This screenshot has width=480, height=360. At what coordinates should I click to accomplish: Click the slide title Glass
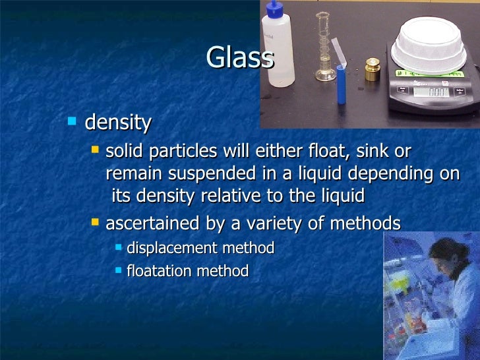click(239, 57)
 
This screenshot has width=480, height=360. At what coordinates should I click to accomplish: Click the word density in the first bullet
click(119, 123)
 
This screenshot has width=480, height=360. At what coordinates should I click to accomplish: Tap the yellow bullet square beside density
click(73, 121)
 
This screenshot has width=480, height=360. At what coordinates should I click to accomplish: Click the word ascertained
click(153, 224)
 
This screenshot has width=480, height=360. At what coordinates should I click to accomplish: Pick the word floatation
click(157, 271)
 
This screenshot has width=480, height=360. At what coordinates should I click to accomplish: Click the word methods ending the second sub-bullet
click(367, 224)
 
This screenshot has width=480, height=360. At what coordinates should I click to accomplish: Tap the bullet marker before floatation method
click(118, 270)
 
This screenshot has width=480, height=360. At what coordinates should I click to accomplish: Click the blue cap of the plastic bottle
click(274, 9)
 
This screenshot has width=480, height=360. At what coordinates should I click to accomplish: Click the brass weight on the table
click(372, 70)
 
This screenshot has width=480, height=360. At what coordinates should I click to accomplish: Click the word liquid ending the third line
click(342, 196)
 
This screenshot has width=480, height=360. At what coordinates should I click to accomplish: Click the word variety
click(272, 224)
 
